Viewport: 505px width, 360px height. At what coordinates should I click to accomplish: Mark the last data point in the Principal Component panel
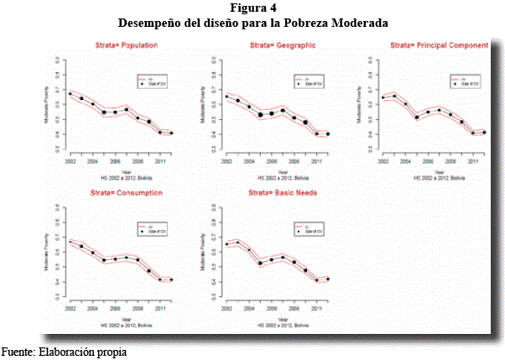[483, 133]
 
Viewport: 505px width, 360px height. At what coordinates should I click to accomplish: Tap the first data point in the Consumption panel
[70, 243]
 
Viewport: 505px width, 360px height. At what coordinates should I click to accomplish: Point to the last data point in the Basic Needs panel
[328, 279]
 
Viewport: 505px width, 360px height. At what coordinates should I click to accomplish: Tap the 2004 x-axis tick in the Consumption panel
[92, 310]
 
